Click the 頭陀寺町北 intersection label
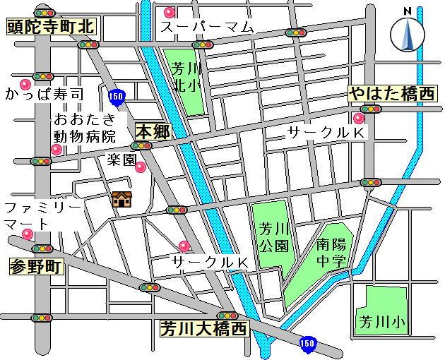(x=49, y=28)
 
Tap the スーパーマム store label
(x=206, y=28)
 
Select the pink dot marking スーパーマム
(x=169, y=12)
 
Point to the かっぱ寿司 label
(x=44, y=93)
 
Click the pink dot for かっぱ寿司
(x=25, y=84)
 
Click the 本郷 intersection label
(x=153, y=131)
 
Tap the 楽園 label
(x=121, y=160)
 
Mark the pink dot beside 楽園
(x=141, y=167)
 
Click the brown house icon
(x=122, y=200)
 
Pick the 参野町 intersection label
(x=36, y=267)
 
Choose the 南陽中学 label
(x=331, y=253)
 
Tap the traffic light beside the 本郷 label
(x=141, y=146)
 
